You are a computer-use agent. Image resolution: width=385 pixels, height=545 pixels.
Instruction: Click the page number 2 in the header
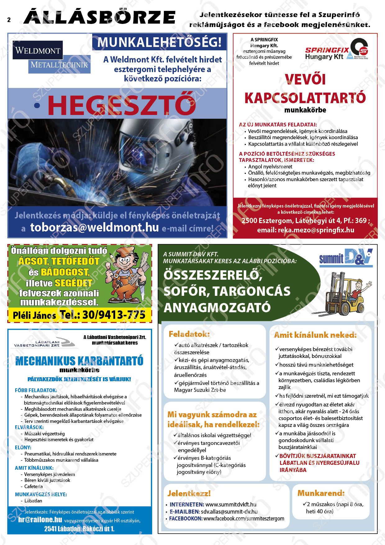pyautogui.click(x=9, y=20)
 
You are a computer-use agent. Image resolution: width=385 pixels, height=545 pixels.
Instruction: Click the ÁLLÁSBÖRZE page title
pyautogui.click(x=100, y=17)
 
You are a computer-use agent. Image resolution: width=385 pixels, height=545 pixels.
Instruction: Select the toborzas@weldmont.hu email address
pyautogui.click(x=94, y=227)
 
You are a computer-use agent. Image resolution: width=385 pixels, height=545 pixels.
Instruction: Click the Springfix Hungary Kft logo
pyautogui.click(x=336, y=50)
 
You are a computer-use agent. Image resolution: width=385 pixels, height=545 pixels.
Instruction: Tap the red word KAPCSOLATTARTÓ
pyautogui.click(x=305, y=98)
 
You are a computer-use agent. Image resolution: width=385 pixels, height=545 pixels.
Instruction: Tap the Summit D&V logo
pyautogui.click(x=346, y=257)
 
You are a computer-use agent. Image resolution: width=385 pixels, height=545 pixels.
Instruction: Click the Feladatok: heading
pyautogui.click(x=189, y=334)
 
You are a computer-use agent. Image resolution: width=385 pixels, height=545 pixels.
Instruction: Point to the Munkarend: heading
pyautogui.click(x=321, y=493)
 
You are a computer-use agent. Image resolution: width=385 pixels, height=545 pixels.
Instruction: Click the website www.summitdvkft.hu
pyautogui.click(x=231, y=504)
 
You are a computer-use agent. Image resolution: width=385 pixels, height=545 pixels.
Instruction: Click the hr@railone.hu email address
pyautogui.click(x=40, y=520)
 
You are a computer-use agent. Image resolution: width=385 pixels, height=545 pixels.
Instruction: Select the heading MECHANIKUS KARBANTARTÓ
pyautogui.click(x=79, y=361)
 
